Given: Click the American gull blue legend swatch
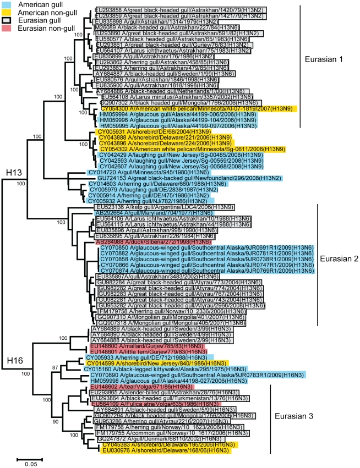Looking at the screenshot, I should pos(7,4).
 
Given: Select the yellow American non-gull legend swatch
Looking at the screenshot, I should pos(7,12).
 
